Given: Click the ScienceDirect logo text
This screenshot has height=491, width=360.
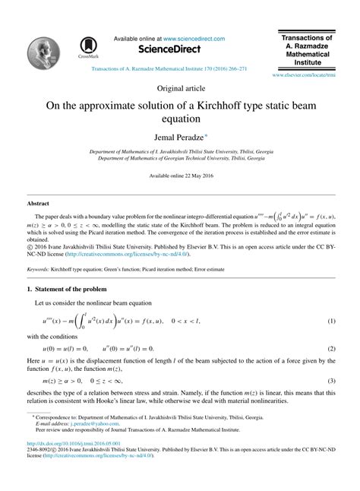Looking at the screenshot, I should pyautogui.click(x=156, y=49).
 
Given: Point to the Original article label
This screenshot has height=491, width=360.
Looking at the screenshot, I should pyautogui.click(x=179, y=88).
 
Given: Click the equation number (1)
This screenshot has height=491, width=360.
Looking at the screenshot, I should pyautogui.click(x=332, y=321).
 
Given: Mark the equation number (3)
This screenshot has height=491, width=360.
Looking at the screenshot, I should pyautogui.click(x=332, y=379).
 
